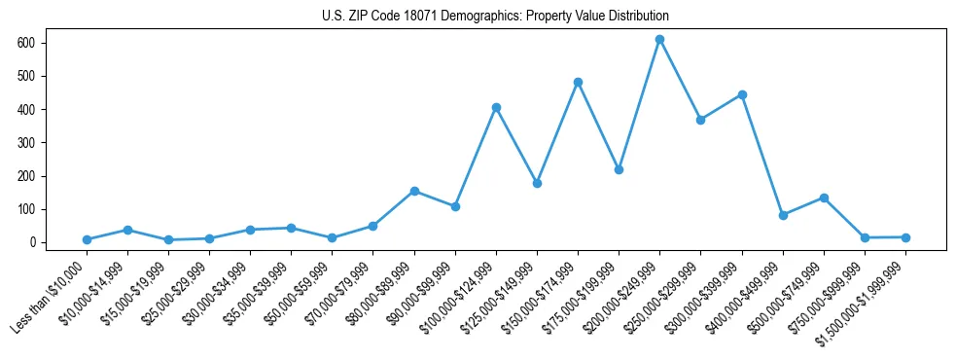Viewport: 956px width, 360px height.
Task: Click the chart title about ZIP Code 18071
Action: point(495,17)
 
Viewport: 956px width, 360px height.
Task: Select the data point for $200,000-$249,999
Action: point(659,40)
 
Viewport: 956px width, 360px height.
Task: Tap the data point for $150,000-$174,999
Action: point(578,83)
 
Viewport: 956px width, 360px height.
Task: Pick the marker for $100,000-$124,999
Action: point(496,107)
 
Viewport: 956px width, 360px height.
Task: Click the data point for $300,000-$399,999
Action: point(742,94)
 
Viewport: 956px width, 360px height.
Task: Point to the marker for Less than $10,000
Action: point(87,239)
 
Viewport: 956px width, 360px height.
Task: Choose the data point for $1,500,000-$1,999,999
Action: point(905,237)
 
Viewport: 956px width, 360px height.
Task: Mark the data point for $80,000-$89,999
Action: point(414,191)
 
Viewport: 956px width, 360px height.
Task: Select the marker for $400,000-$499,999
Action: point(783,215)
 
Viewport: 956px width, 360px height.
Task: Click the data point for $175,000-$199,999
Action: point(619,169)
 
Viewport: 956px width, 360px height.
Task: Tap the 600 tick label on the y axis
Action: point(26,43)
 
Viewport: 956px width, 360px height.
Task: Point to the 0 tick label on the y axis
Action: point(32,242)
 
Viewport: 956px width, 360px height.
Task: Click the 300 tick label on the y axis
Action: point(26,143)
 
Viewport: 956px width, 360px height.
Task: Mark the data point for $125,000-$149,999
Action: point(537,183)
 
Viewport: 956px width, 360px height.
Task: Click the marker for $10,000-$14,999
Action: point(127,230)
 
